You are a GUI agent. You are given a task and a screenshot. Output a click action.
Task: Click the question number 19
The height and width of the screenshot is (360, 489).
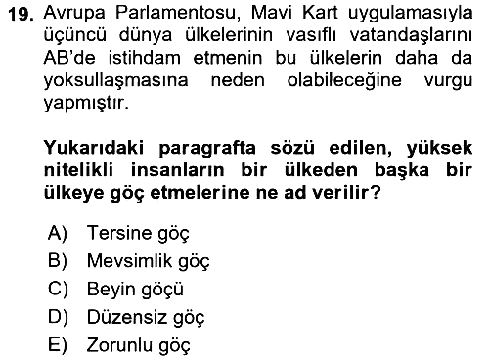click(x=22, y=15)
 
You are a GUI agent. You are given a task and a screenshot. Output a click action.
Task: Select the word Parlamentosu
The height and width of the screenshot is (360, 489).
click(x=178, y=13)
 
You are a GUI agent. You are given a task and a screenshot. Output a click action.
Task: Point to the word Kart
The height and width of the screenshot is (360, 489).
click(x=320, y=13)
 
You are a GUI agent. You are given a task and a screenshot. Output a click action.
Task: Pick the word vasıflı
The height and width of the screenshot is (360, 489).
click(x=311, y=35)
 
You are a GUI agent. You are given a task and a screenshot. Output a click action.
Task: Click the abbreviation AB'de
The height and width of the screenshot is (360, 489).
click(x=69, y=58)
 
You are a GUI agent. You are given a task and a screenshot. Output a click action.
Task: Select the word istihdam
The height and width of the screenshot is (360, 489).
click(x=145, y=58)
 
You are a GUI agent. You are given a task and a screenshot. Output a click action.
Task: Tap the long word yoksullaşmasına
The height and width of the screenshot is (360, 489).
click(x=115, y=81)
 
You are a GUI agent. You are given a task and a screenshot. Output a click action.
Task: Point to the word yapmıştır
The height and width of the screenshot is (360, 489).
click(x=86, y=104)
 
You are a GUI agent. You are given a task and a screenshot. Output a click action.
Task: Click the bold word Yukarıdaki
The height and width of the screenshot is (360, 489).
click(x=94, y=148)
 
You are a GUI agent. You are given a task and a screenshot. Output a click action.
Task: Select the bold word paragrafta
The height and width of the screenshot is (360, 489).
click(x=207, y=149)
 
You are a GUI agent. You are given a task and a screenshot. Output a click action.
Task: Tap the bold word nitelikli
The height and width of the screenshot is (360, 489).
click(x=78, y=170)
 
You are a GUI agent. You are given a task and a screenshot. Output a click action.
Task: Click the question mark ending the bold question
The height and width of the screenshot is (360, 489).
click(x=376, y=193)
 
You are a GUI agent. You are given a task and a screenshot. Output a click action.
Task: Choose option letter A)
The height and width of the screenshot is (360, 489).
click(x=58, y=233)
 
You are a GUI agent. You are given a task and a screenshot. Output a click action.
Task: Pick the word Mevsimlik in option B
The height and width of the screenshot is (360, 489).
click(x=129, y=261)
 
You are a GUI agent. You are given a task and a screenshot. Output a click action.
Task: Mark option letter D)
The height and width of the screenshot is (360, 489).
click(x=58, y=317)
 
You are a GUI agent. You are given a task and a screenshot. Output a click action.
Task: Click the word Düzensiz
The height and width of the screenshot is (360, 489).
click(x=127, y=317)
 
